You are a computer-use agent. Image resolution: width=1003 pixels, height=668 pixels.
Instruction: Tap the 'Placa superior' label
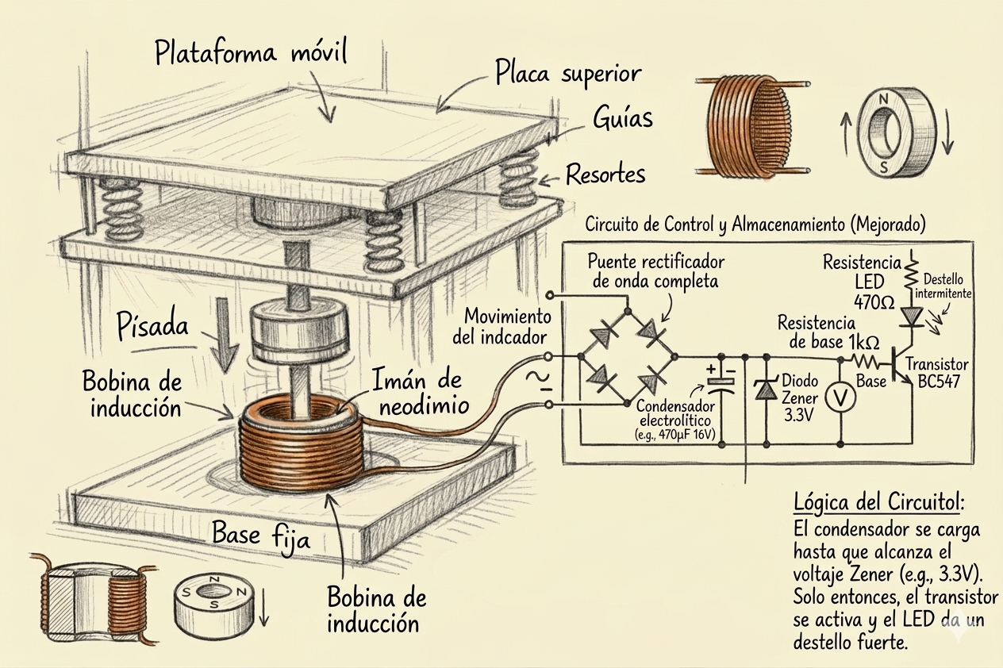tap(567, 74)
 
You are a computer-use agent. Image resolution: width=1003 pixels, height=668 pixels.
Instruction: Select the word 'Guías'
tap(623, 118)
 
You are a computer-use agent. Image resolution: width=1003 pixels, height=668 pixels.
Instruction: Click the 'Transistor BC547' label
tap(937, 372)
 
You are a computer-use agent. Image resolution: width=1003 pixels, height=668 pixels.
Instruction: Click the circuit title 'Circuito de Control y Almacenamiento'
tap(755, 225)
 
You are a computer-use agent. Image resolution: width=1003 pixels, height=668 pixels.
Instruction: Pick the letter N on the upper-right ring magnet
tap(884, 99)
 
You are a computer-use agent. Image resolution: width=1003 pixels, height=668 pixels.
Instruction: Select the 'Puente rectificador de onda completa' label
tap(655, 270)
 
